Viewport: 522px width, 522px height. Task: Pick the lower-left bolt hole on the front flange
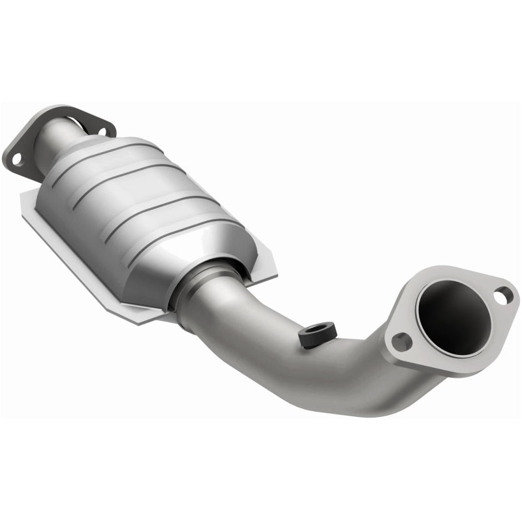pyautogui.click(x=401, y=339)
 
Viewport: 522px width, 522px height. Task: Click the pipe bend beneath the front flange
pyautogui.click(x=391, y=385)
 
